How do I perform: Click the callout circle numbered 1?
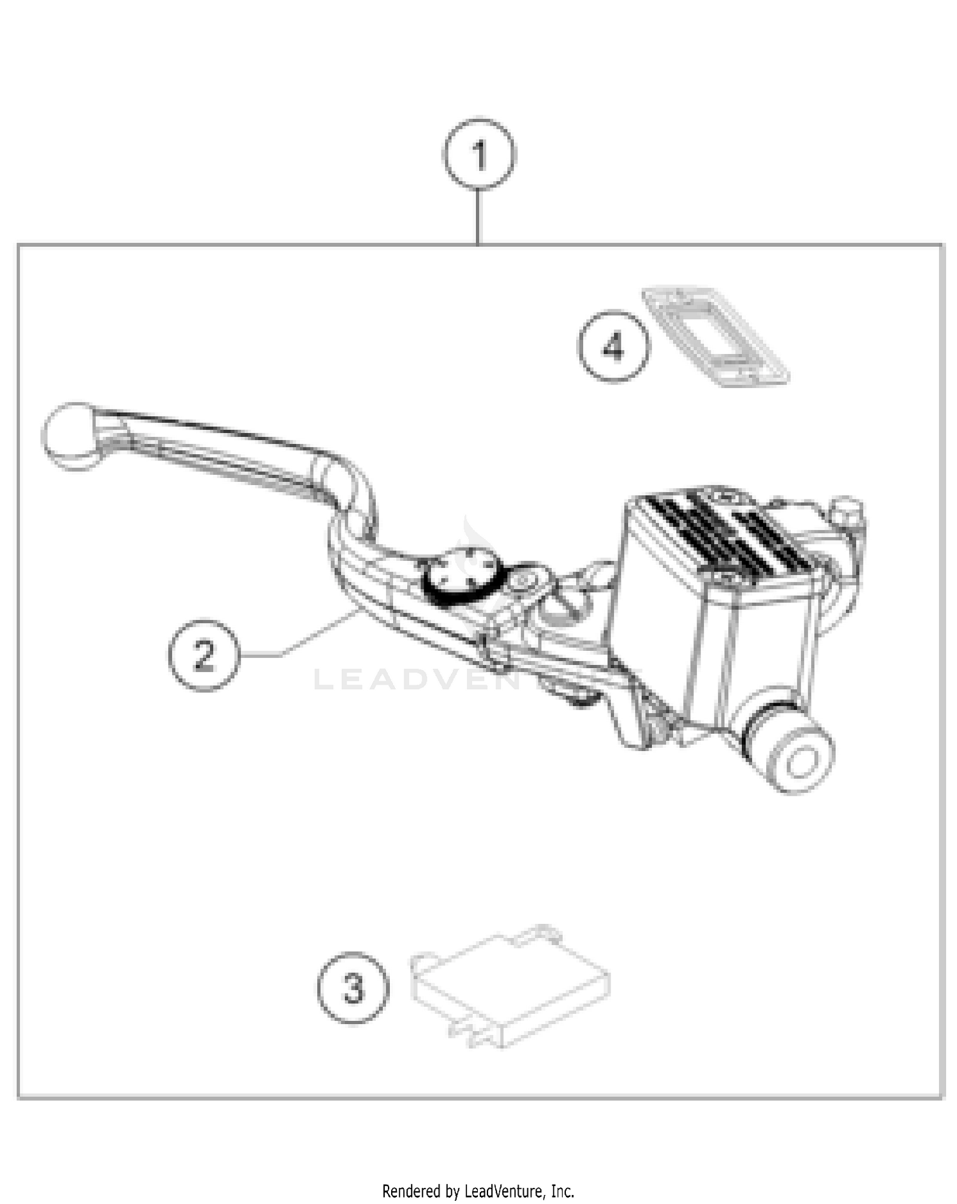pyautogui.click(x=479, y=154)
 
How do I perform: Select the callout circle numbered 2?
pyautogui.click(x=204, y=655)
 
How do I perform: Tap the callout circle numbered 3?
pyautogui.click(x=353, y=988)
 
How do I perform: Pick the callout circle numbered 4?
pyautogui.click(x=614, y=347)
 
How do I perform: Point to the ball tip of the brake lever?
pyautogui.click(x=70, y=435)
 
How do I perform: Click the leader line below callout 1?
pyautogui.click(x=478, y=217)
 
